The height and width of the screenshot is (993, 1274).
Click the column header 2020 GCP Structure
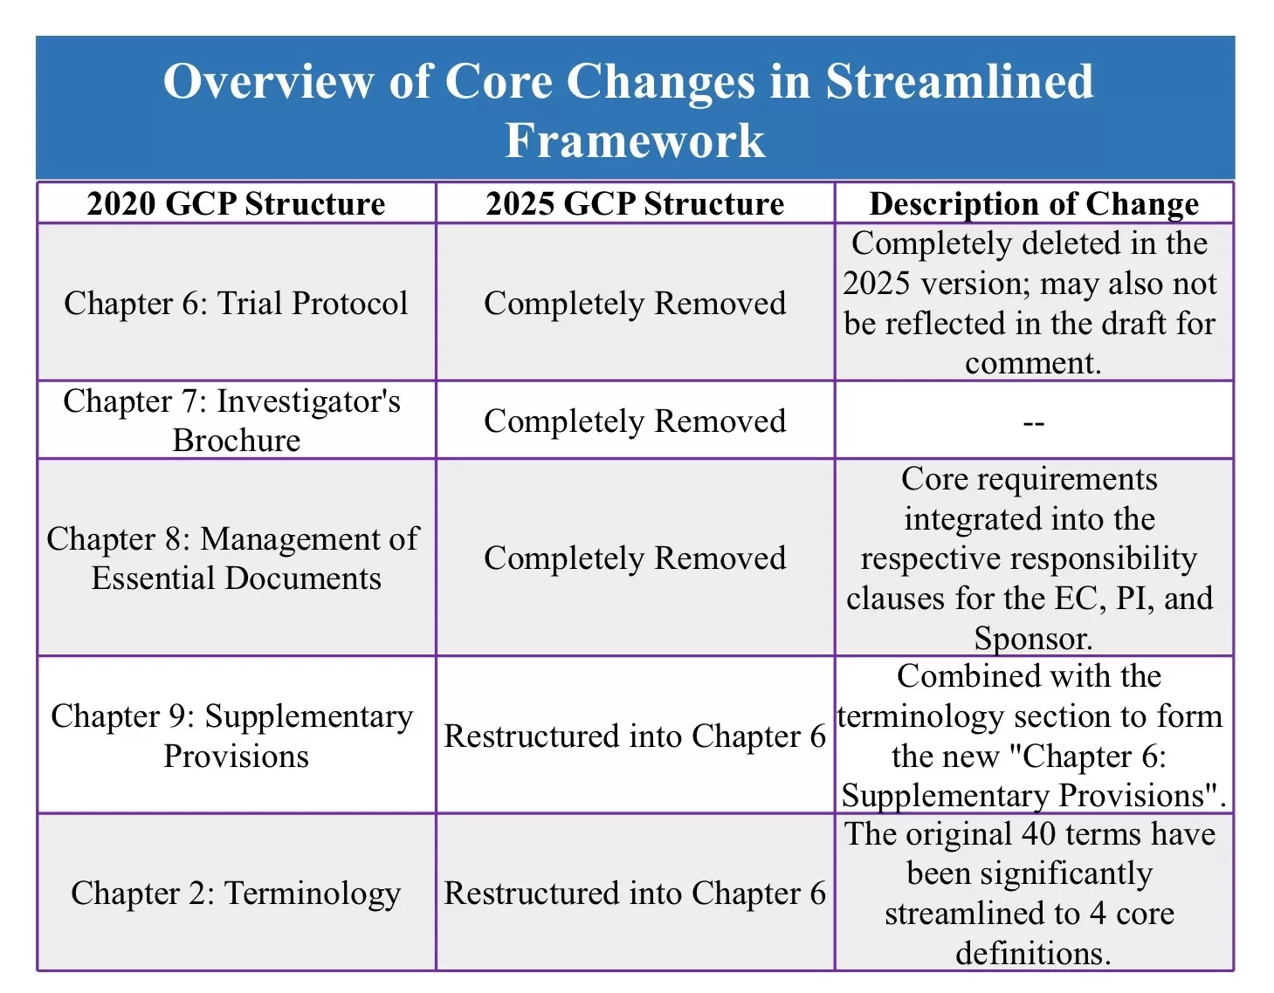pos(236,203)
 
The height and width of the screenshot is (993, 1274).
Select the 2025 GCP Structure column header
pos(635,203)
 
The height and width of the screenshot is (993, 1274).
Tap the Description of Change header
pos(1034,203)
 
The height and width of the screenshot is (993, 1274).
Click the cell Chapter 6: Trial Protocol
pos(236,303)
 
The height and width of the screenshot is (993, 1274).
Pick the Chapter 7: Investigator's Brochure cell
pos(236,421)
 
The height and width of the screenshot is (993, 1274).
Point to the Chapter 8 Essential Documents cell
pos(236,558)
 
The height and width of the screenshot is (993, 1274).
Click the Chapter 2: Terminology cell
pos(236,893)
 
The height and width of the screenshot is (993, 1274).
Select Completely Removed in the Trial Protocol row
pos(635,303)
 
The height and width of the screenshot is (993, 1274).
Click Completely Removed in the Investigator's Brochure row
pos(635,421)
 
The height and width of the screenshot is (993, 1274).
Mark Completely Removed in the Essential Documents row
pos(635,558)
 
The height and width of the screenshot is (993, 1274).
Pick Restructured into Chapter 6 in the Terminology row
pos(635,893)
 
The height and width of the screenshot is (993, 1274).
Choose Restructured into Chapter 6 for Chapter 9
pos(635,736)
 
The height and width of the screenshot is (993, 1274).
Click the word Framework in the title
pos(635,140)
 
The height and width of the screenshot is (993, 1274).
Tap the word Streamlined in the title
pos(959,81)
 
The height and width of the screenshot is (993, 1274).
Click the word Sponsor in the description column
pos(1032,639)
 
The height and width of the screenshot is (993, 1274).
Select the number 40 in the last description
pos(1038,834)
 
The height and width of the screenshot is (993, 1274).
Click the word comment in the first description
pos(1032,363)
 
